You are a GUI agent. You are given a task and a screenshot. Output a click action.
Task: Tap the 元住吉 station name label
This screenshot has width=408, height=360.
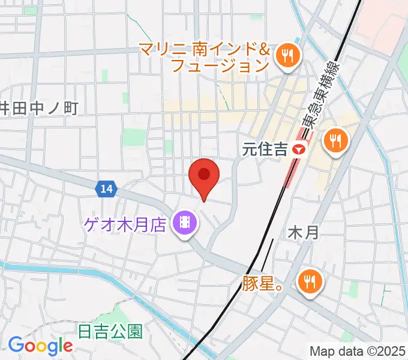pos(265,149)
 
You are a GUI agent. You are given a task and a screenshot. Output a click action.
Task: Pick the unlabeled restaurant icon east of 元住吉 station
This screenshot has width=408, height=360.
pos(334,142)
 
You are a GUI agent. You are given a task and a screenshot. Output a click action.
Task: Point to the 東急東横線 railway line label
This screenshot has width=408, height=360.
pos(319,96)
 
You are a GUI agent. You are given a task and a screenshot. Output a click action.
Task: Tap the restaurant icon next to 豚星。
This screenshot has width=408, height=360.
pos(309,281)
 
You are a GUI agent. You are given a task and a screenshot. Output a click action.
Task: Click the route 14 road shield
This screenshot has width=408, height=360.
pos(106,189)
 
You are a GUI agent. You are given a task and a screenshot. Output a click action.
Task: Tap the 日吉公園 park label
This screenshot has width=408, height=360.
pos(110,331)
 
